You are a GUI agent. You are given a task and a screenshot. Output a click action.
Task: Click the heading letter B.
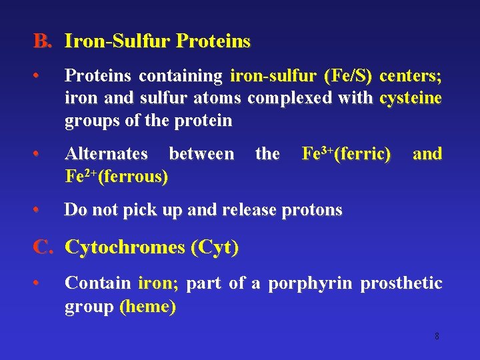41,42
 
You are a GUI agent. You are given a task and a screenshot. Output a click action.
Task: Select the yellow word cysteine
411,99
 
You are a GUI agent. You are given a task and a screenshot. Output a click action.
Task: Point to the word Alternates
106,154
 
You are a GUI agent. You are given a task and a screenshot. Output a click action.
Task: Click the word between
201,154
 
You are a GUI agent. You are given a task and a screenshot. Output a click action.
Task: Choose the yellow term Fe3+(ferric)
346,154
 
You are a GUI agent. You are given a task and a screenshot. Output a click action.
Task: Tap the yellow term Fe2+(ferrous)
116,177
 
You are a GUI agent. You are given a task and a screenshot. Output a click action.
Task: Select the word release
245,210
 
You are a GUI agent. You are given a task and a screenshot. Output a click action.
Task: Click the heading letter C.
42,247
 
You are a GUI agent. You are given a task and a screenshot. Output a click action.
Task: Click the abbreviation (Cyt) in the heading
215,247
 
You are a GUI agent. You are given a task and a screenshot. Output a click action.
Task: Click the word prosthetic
401,283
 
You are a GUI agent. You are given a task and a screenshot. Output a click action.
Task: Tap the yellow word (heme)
147,307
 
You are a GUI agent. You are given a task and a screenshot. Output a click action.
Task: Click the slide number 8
437,337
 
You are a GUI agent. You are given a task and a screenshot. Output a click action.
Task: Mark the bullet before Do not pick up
41,210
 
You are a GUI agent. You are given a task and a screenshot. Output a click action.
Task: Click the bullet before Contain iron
41,283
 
